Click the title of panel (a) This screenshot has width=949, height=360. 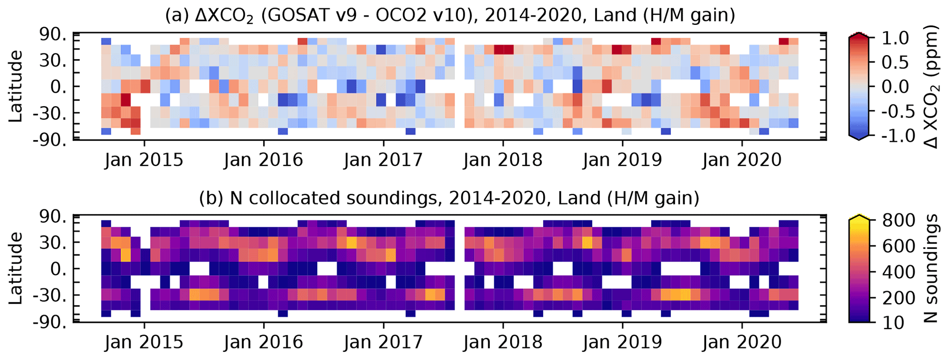click(450, 16)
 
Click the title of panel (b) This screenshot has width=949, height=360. click(449, 198)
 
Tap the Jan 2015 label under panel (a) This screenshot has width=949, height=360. click(144, 160)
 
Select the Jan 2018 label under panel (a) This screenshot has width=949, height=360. click(503, 160)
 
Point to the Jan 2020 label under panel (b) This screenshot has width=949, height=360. click(742, 342)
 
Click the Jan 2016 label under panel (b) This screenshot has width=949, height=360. click(264, 342)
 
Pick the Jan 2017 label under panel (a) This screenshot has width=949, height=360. click(383, 160)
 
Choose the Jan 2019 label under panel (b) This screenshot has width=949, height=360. click(622, 342)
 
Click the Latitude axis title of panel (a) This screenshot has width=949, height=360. click(16, 86)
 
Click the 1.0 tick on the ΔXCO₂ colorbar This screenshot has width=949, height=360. click(895, 38)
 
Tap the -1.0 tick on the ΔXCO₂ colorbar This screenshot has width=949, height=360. click(891, 136)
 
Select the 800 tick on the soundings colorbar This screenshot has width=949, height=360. click(896, 219)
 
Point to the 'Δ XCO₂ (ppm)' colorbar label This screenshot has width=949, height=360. click(932, 86)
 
